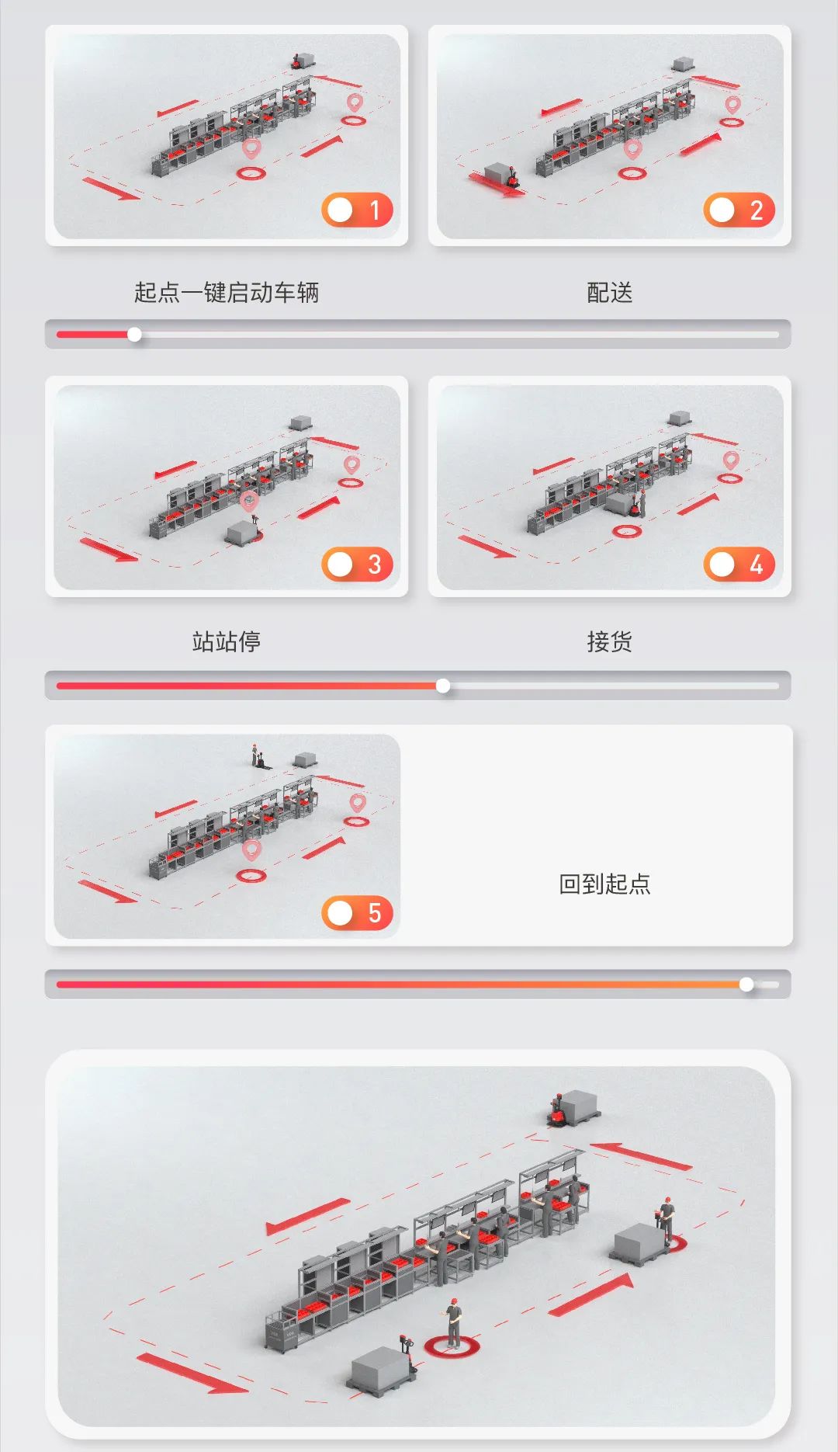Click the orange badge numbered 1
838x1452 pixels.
[x=357, y=210]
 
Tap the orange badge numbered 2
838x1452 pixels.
[x=739, y=210]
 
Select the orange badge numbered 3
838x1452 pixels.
[x=357, y=564]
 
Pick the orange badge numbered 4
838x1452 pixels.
[x=739, y=564]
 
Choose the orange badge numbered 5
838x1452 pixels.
[x=357, y=913]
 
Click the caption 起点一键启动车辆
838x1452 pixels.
[x=227, y=293]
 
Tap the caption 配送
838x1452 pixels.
[x=610, y=293]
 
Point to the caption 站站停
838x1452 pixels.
[x=227, y=641]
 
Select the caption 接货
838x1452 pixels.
[x=610, y=641]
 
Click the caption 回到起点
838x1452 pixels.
[x=604, y=884]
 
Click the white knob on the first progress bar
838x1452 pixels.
[x=135, y=335]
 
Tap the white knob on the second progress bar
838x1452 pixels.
[x=443, y=686]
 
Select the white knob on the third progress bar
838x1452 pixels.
[x=746, y=985]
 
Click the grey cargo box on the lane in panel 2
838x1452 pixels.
[x=499, y=174]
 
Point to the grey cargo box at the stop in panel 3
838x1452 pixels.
[x=241, y=533]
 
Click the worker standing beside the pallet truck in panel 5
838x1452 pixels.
[x=255, y=754]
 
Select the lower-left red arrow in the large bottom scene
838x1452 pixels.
[x=192, y=1374]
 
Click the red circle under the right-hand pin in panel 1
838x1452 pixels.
[x=354, y=120]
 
